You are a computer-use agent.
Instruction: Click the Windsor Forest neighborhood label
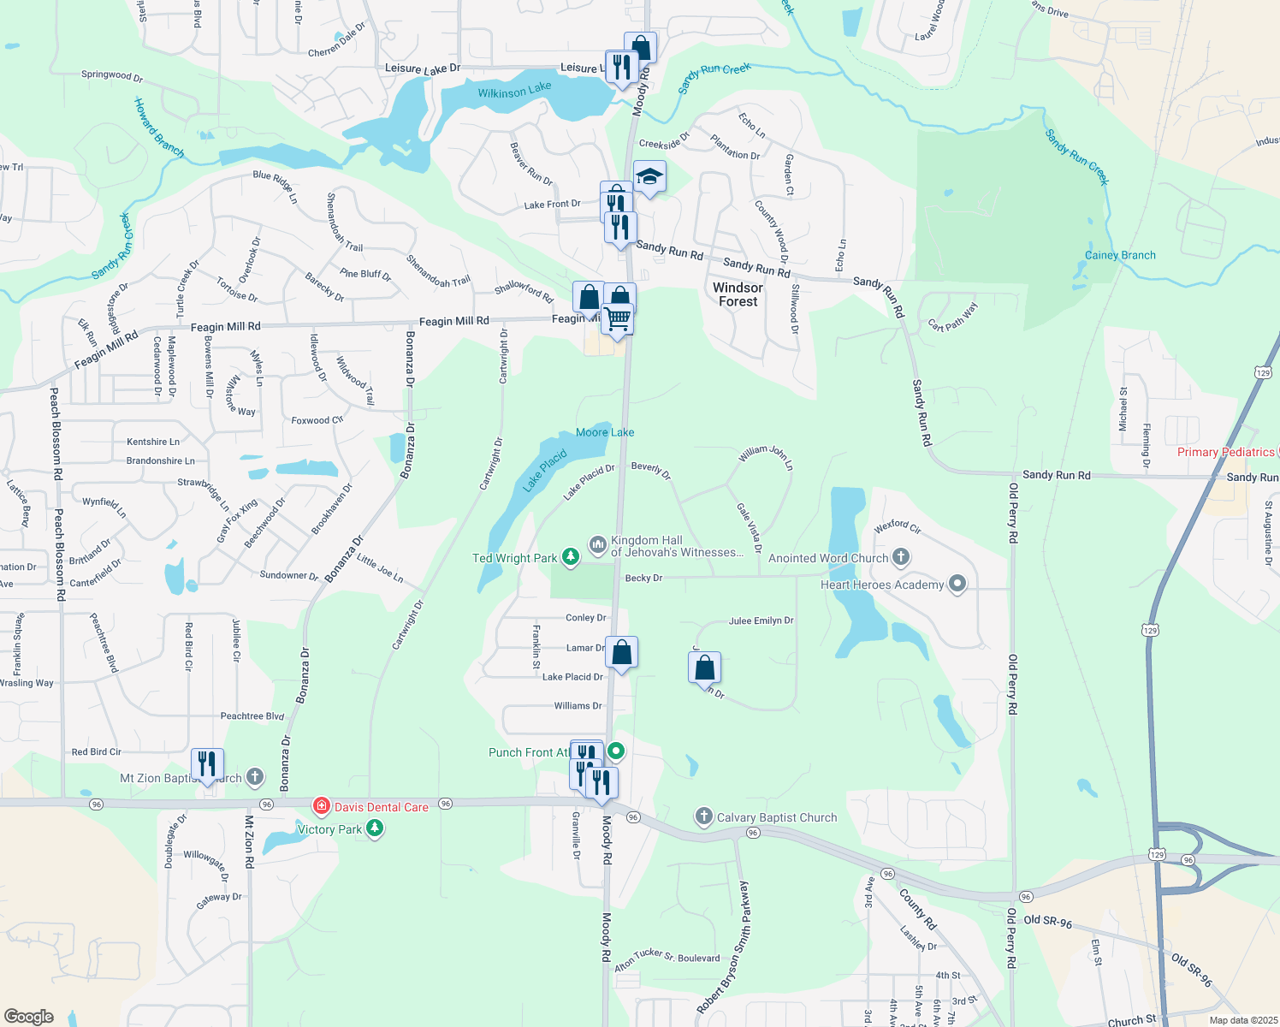point(738,294)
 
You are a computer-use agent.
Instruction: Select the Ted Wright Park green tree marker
point(571,557)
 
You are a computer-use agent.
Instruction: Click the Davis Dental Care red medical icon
point(321,806)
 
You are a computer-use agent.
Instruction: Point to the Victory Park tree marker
point(375,828)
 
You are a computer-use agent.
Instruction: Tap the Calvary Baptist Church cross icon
point(703,816)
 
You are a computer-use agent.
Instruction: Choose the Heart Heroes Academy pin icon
point(957,585)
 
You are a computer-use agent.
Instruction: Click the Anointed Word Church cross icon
point(900,557)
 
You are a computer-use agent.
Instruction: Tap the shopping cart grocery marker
point(617,320)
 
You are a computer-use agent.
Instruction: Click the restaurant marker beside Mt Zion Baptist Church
point(207,763)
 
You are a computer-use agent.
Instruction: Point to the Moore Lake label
point(605,432)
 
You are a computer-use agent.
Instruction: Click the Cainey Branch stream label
point(1119,255)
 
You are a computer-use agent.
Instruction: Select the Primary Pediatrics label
point(1225,452)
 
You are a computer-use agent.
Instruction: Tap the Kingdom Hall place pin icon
point(598,543)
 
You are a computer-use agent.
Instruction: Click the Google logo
point(29,1016)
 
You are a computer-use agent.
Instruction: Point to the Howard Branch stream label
point(159,128)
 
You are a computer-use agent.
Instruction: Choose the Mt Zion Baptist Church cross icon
point(255,777)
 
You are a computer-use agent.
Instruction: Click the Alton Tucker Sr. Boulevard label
point(667,959)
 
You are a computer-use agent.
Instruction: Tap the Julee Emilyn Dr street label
point(761,620)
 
